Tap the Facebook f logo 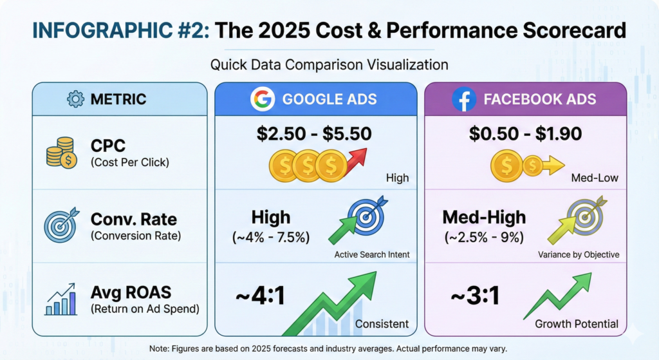pos(463,100)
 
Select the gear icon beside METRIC pos(76,100)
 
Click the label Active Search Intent pos(372,254)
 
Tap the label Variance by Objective pos(579,254)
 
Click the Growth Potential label pos(577,323)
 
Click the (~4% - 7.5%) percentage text pos(270,237)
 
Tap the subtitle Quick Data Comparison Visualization pos(329,64)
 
